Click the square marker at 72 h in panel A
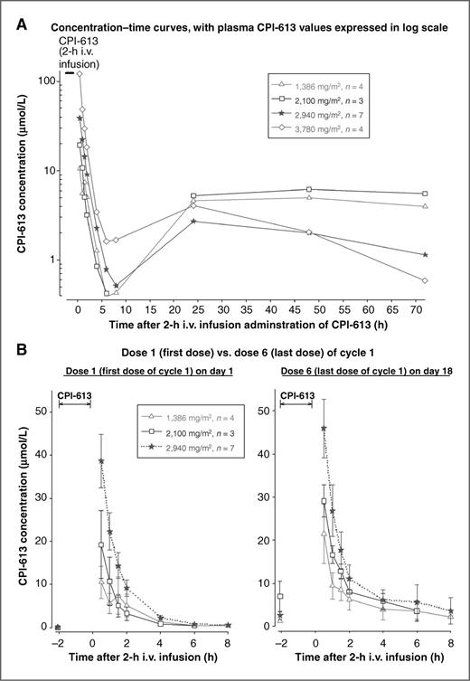[425, 194]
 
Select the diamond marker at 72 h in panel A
[425, 280]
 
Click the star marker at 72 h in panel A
[425, 255]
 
